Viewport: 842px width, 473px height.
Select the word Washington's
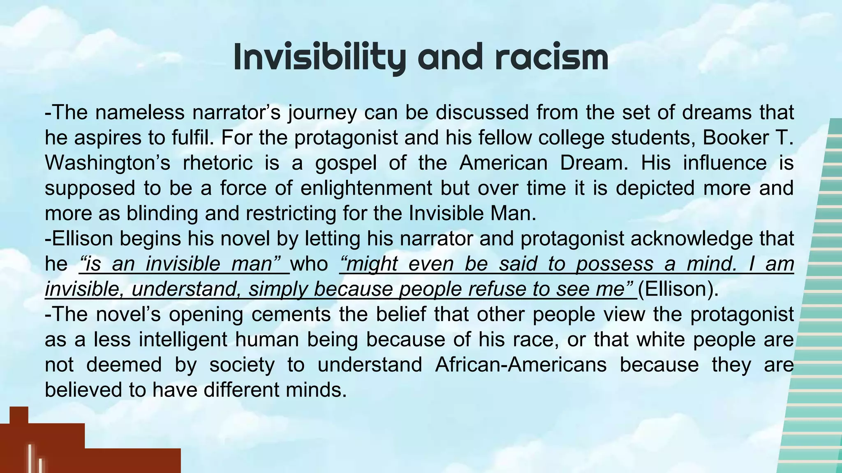point(107,163)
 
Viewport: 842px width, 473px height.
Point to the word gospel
point(346,163)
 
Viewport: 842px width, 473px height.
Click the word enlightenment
point(366,188)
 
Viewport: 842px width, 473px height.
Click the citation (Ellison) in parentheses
point(678,289)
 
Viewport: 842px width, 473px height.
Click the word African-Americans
point(520,365)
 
